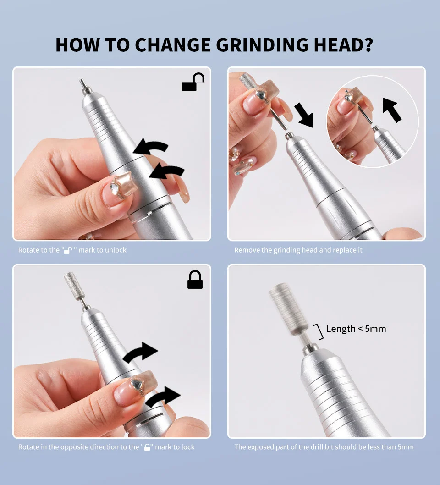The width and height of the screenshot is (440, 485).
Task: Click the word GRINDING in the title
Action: pos(262,45)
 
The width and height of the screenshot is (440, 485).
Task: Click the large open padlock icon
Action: pos(193,82)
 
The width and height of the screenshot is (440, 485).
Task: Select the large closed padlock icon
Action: pos(195,280)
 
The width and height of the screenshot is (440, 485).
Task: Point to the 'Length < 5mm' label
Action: pos(356,329)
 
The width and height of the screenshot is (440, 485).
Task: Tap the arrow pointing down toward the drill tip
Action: pos(304,115)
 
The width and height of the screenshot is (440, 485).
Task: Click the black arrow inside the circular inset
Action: pos(391,110)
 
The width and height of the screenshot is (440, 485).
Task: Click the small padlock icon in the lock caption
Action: pos(147,447)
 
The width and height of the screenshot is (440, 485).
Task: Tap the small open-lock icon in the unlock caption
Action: pos(68,250)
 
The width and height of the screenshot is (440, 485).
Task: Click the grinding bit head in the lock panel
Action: pos(72,284)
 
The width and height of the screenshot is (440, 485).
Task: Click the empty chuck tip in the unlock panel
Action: pos(83,85)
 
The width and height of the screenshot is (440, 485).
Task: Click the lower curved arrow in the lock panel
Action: pos(163,397)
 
